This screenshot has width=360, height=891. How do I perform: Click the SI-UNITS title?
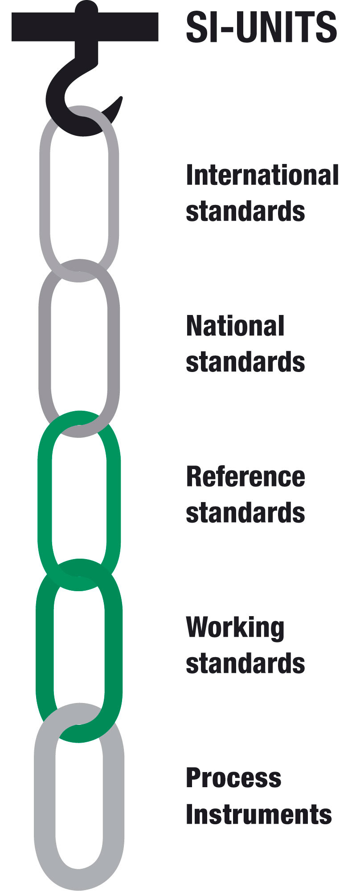pos(261,27)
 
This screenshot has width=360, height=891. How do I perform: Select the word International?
pos(262,175)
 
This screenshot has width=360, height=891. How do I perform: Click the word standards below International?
pos(245,211)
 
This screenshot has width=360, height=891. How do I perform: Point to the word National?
pos(235,326)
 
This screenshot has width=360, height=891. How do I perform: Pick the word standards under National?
pos(245,361)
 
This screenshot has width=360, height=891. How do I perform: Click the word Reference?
pos(245,477)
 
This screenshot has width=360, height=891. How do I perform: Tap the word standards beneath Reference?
pos(245,513)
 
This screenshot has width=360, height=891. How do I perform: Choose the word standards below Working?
pos(245,663)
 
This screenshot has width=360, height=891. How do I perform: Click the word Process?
pos(233,778)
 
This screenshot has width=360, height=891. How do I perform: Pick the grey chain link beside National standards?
pos(45,347)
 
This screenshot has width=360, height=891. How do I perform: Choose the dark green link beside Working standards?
pos(45,650)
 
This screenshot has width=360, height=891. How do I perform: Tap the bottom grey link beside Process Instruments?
pos(45,797)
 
